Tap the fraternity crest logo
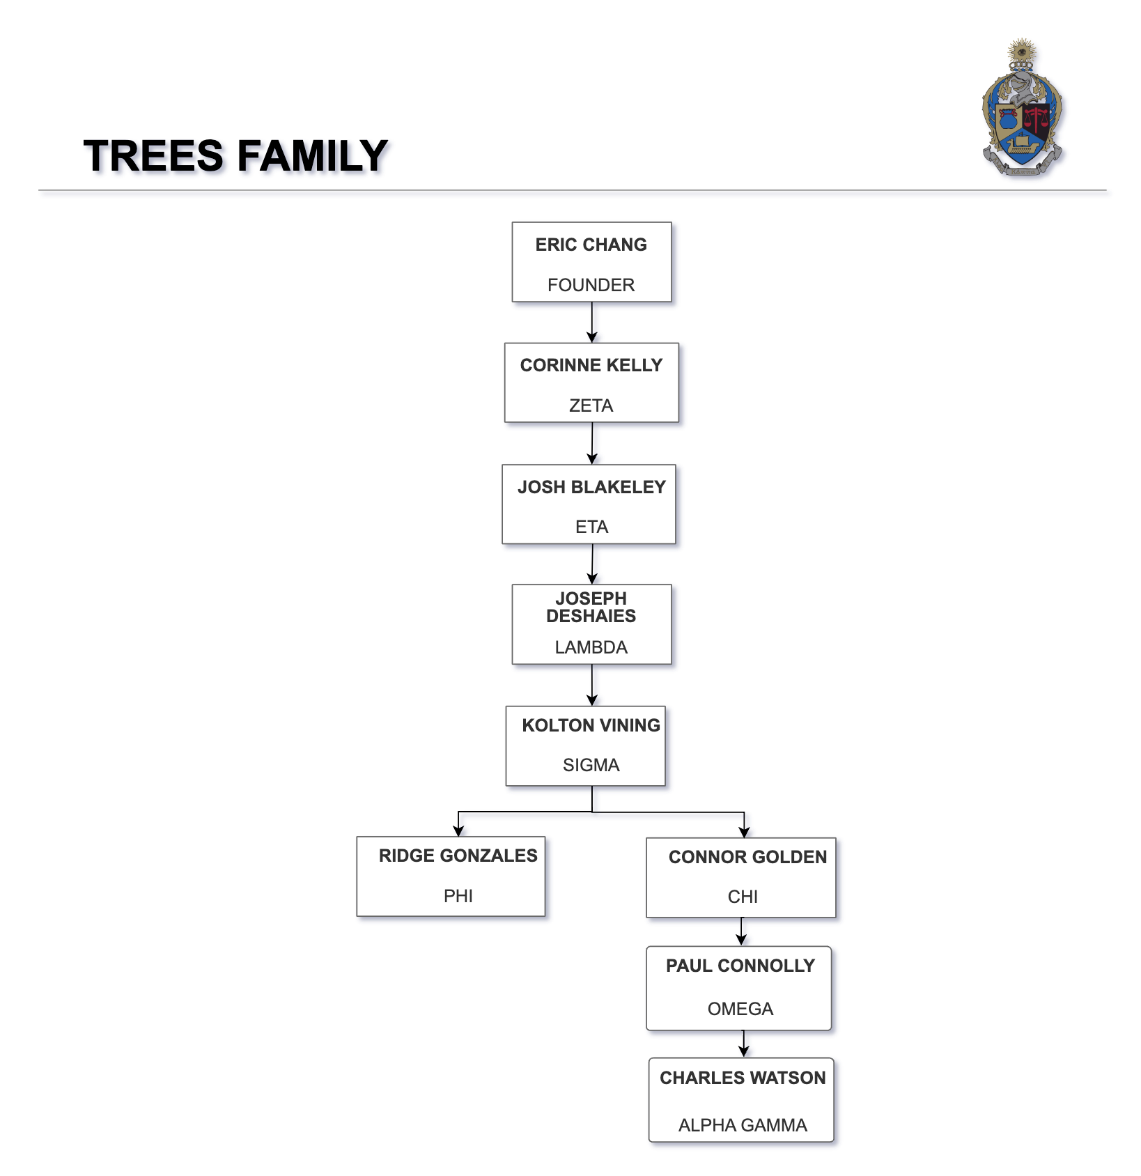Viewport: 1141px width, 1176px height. pos(1022,108)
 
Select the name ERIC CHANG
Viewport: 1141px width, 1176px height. pos(591,245)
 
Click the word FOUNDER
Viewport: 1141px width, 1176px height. pos(591,285)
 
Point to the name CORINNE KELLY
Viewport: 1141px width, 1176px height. pos(591,366)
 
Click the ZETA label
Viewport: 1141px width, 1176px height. pos(591,405)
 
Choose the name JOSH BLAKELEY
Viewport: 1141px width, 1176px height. pos(591,487)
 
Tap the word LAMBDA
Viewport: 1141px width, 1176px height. pos(591,647)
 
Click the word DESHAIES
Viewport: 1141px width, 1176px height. pos(591,616)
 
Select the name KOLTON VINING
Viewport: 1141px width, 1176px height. pos(591,725)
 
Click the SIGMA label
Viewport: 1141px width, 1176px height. pos(591,765)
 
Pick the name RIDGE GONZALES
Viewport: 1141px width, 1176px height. pos(458,856)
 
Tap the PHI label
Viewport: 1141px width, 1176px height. pos(458,896)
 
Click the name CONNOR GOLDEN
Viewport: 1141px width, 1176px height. pos(747,857)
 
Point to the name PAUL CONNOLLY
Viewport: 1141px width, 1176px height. pos(740,966)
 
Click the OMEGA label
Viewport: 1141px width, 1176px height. pos(740,1009)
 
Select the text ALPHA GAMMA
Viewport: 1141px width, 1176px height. pos(743,1125)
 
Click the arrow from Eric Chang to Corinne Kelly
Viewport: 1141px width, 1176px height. pos(591,322)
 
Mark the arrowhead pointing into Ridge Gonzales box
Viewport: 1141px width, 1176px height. pos(458,830)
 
